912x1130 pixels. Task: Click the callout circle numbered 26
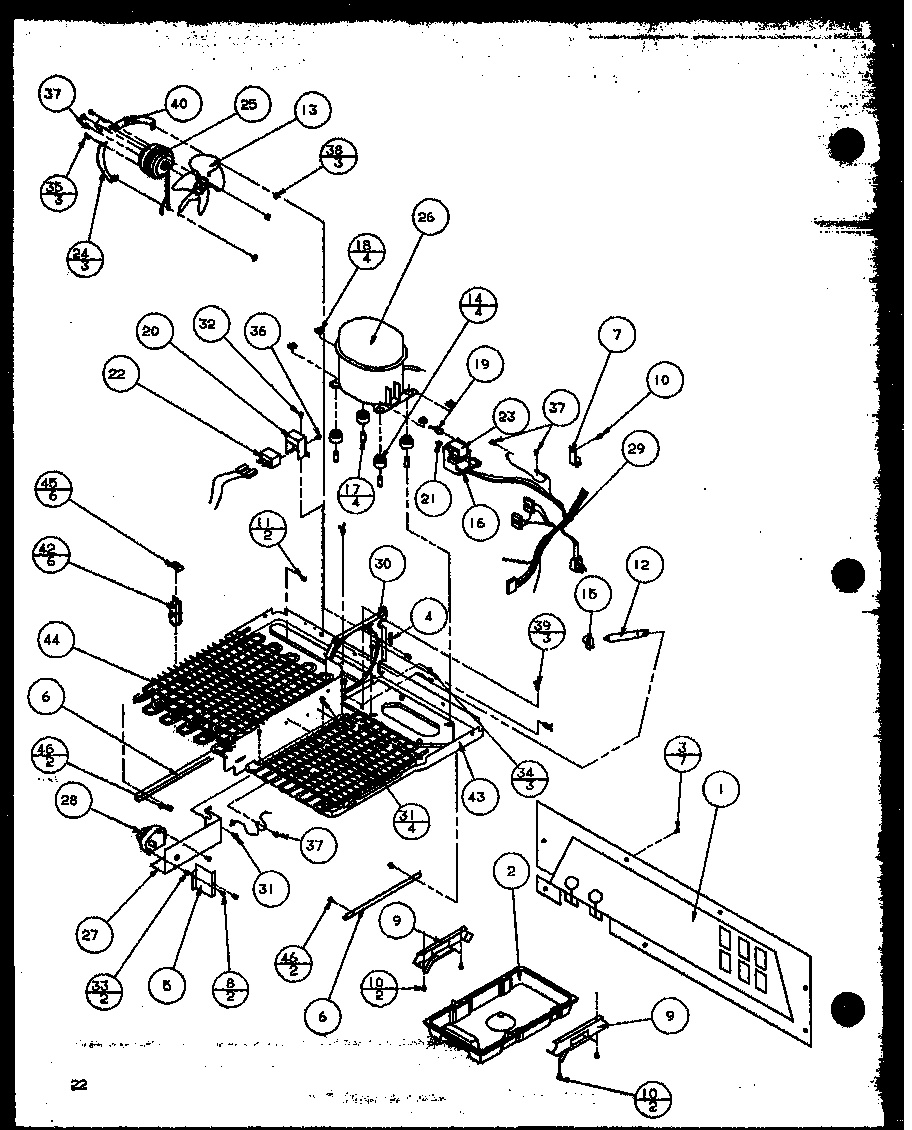click(431, 218)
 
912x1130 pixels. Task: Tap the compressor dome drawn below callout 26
click(373, 354)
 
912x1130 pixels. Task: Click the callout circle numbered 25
click(249, 104)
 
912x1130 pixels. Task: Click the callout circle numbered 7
click(617, 335)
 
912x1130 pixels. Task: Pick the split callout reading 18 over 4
click(367, 250)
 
